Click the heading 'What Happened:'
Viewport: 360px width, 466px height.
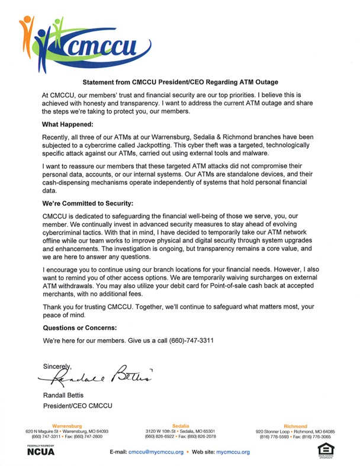pos(67,125)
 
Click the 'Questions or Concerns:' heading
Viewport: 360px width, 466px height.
pos(78,327)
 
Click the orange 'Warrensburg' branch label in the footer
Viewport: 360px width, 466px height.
pos(68,426)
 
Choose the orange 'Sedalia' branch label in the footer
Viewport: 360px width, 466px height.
pos(180,426)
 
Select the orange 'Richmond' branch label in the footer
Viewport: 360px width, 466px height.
pos(295,426)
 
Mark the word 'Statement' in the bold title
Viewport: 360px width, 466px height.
pos(98,82)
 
